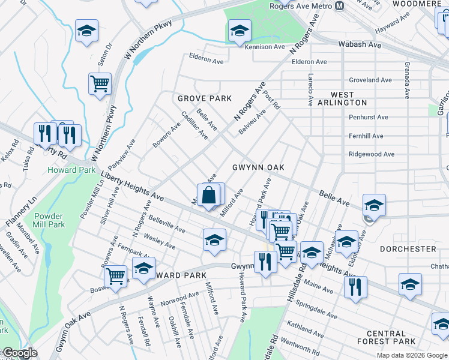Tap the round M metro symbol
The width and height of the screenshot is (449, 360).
pos(340,6)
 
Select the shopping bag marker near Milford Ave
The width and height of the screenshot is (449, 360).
pos(208,196)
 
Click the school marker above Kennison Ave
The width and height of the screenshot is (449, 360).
pos(240,31)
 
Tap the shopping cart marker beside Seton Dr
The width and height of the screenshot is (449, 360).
pos(100,84)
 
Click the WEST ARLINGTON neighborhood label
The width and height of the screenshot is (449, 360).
pos(351,100)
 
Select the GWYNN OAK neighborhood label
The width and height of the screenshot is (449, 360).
pos(258,167)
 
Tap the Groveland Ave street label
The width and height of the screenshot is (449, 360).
pos(370,80)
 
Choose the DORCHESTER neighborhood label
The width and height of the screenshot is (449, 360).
pos(408,248)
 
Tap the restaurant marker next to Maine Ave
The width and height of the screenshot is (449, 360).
pos(355,287)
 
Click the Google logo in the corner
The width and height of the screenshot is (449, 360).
pos(19,353)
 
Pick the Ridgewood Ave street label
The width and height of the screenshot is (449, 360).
pos(372,154)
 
